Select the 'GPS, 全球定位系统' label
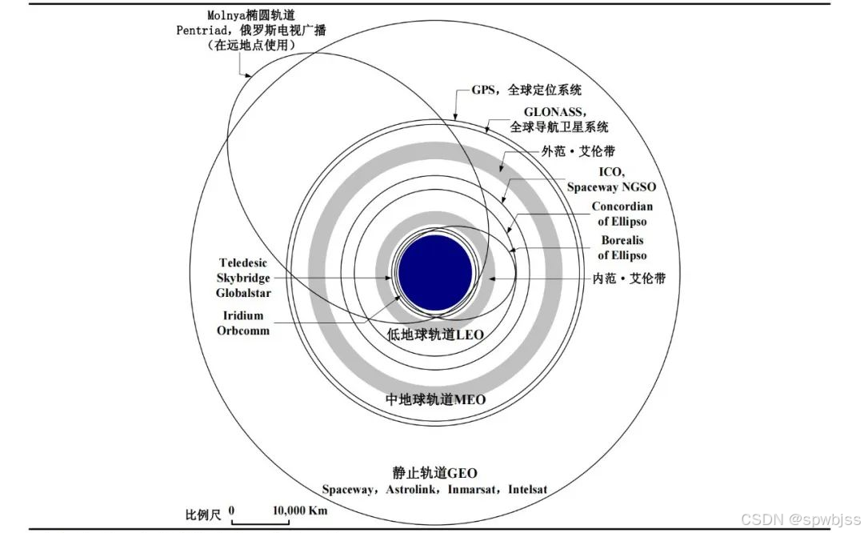point(532,90)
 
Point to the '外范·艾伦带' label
point(578,151)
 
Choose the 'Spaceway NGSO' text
point(611,186)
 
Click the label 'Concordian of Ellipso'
point(622,214)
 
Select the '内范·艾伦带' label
point(629,279)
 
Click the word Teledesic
point(244,262)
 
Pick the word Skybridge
point(244,278)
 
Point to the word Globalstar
point(244,293)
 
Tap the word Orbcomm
point(243,331)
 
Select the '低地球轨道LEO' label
point(435,334)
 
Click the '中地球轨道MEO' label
point(435,399)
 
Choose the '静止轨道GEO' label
point(435,473)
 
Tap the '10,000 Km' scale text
point(300,511)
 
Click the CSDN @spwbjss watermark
point(800,519)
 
